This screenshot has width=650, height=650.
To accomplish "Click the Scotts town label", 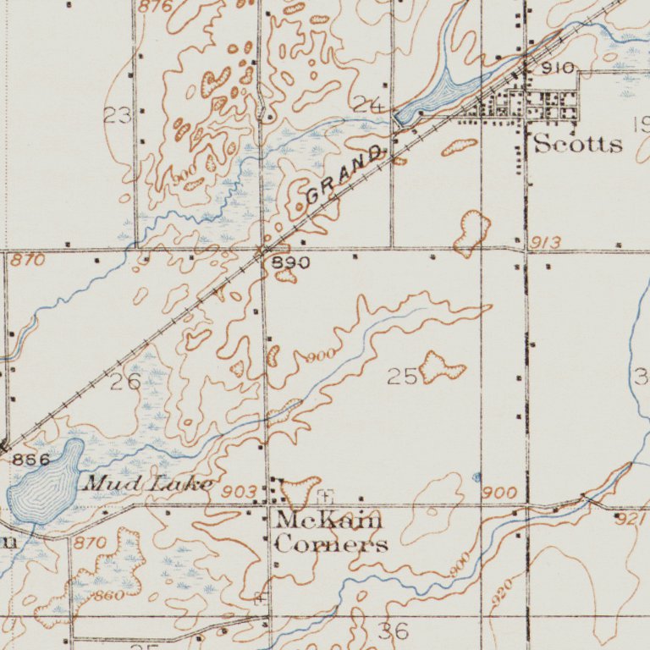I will tap(578, 144).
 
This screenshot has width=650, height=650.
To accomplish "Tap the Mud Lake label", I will tap(147, 484).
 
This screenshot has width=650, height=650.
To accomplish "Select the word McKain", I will tap(328, 520).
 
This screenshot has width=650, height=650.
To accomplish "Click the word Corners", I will tap(331, 543).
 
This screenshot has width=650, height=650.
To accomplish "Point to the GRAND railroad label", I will tap(344, 175).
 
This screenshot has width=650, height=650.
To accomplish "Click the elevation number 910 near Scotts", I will tap(558, 68).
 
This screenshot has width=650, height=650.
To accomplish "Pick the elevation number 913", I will tap(546, 244).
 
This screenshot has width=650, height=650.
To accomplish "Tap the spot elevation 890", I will tap(290, 263).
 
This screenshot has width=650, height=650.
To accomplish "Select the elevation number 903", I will tap(239, 492).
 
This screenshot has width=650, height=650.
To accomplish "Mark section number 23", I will tap(118, 115).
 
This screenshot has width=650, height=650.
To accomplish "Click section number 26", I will tap(125, 382).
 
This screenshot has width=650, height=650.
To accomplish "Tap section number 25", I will tap(403, 377).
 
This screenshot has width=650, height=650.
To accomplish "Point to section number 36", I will tap(394, 631).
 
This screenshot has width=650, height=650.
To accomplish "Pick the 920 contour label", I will tap(502, 590).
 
